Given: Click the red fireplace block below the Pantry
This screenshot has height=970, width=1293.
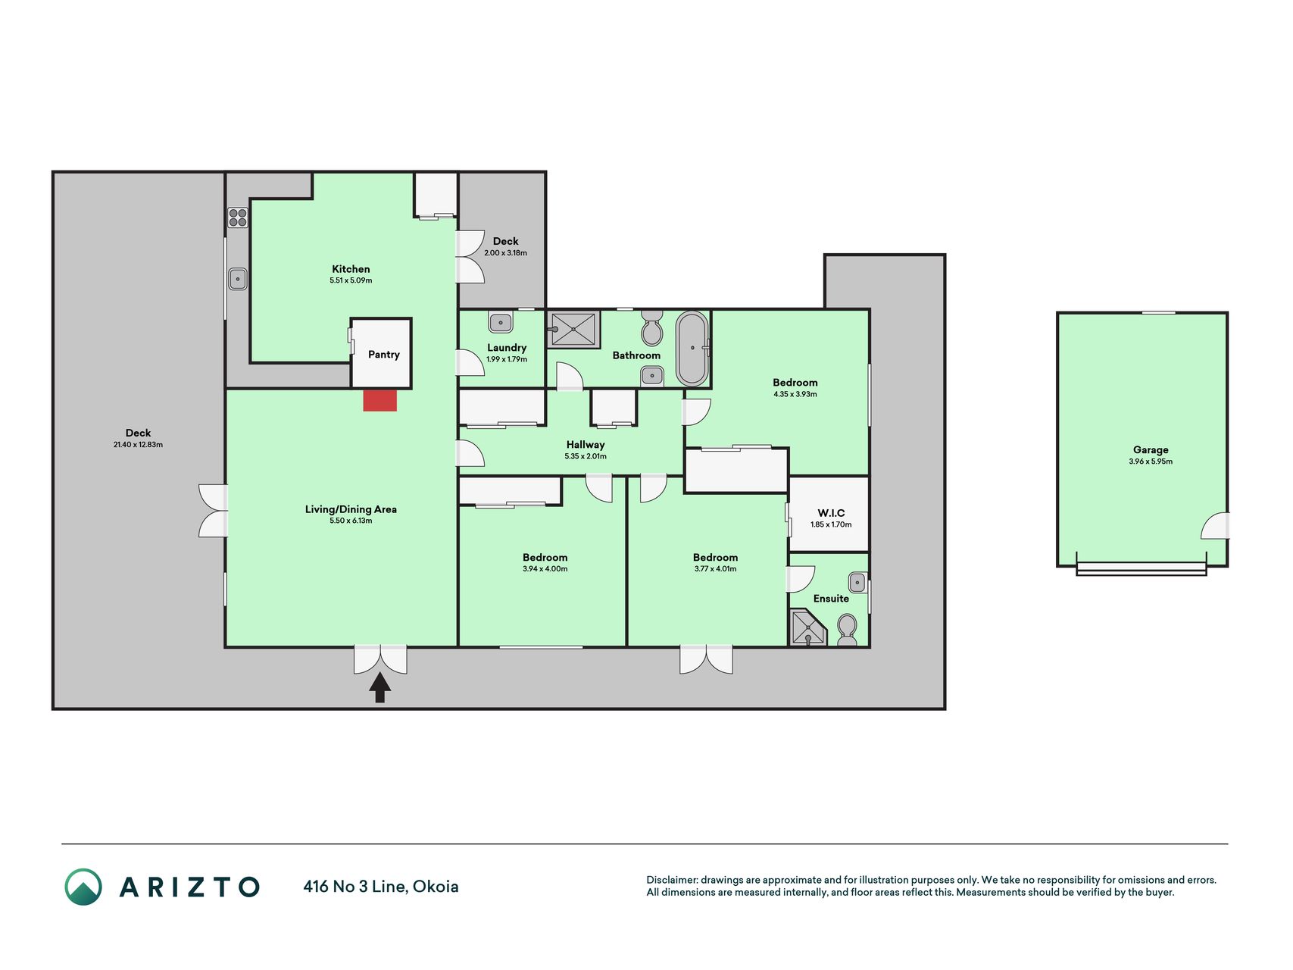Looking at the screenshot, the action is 379,400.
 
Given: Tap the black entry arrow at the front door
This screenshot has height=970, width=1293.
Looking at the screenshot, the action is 379,688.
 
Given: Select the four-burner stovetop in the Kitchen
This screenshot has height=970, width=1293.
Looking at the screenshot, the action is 238,217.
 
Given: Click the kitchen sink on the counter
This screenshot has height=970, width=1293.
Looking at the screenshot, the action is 238,279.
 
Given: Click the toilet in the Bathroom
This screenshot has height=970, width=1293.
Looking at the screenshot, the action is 651,327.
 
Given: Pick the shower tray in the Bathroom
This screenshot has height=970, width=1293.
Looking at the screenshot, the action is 573,330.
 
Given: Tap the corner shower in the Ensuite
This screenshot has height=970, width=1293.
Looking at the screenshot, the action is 807,628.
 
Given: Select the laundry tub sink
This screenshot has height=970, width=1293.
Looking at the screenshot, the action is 501,322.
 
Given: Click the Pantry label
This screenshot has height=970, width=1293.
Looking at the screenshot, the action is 384,355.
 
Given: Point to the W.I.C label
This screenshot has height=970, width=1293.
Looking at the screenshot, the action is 831,513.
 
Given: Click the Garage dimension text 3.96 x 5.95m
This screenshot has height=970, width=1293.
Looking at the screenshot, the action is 1151,462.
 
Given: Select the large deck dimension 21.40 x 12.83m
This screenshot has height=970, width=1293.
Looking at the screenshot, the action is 138,445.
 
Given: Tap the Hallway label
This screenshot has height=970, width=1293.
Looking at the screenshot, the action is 586,445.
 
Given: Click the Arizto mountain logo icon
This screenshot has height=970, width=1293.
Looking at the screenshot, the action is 83,887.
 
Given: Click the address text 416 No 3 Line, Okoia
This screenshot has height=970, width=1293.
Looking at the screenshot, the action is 381,887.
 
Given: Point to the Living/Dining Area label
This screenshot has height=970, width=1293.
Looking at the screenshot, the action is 351,509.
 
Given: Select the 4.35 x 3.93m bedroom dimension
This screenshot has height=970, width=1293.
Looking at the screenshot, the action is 795,394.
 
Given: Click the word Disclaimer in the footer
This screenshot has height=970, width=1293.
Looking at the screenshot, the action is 671,880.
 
